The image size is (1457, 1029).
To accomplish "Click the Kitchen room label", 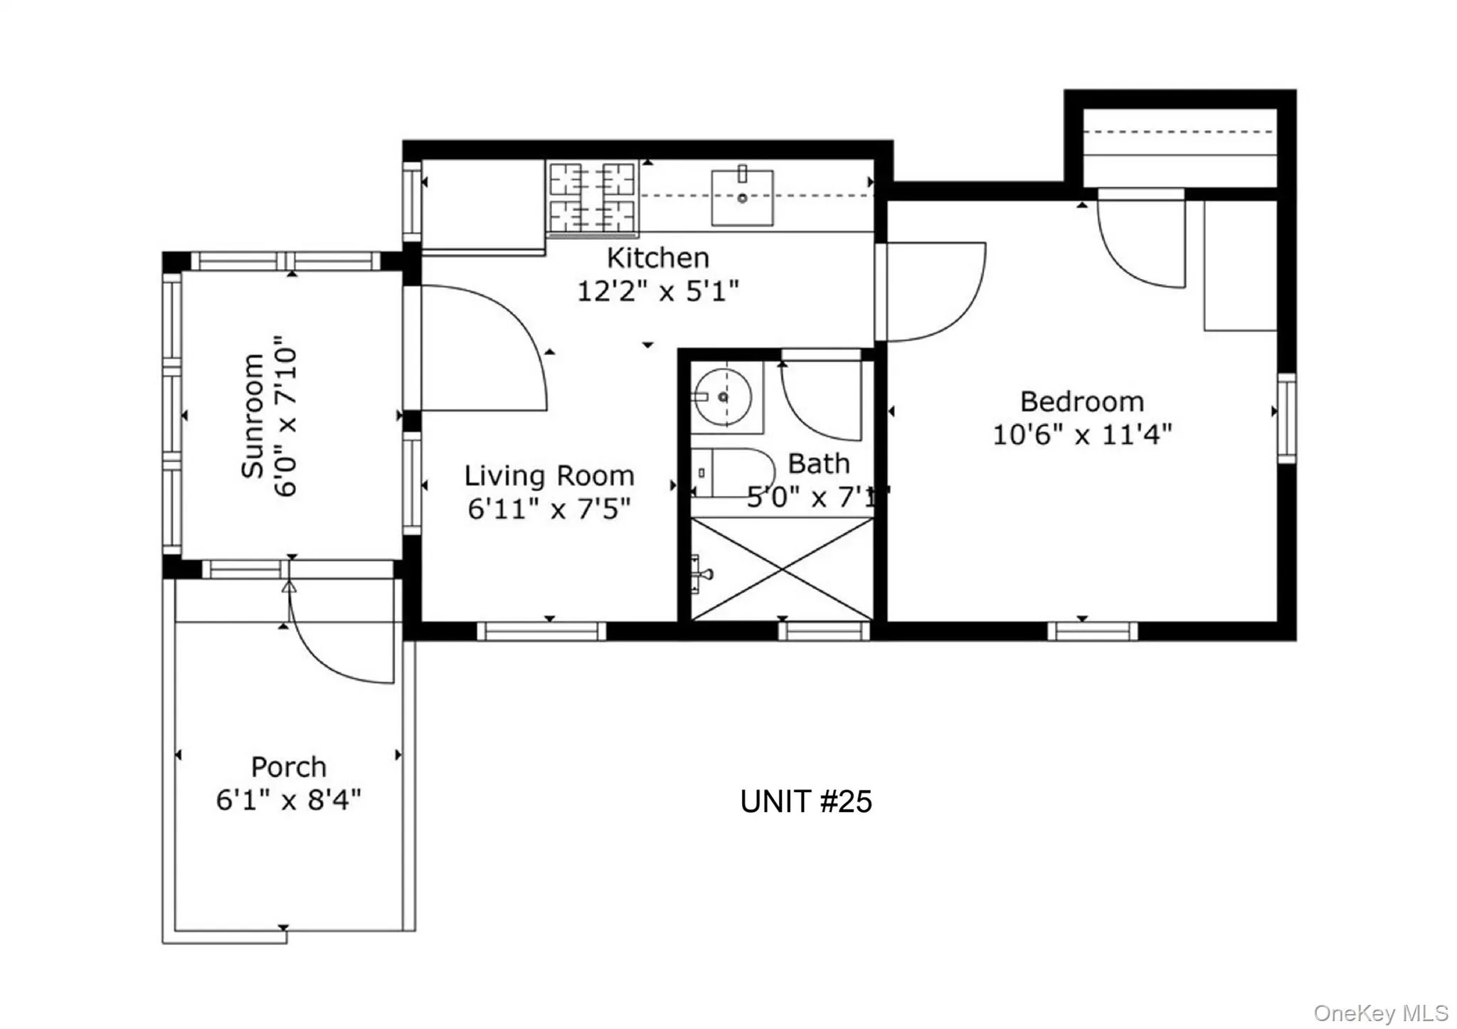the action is (658, 258).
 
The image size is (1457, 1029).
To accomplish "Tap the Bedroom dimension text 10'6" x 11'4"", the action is (1082, 434).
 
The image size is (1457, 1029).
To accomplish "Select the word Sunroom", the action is (253, 416).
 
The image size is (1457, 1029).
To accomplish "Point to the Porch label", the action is (289, 767).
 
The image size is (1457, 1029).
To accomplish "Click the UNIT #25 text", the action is (806, 802).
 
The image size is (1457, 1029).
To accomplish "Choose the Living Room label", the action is (549, 475).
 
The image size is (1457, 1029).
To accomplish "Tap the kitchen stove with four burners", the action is (592, 198).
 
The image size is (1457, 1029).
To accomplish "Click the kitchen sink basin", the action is (742, 197).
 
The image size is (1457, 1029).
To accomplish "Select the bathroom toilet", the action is (733, 473).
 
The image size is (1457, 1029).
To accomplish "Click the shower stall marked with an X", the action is (782, 569).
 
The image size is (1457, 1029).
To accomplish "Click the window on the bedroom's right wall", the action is (1287, 418).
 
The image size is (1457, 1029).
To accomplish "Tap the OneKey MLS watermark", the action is (1381, 1013).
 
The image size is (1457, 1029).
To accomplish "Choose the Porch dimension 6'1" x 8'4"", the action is (289, 800).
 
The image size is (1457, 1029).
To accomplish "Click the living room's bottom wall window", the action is (541, 631).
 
